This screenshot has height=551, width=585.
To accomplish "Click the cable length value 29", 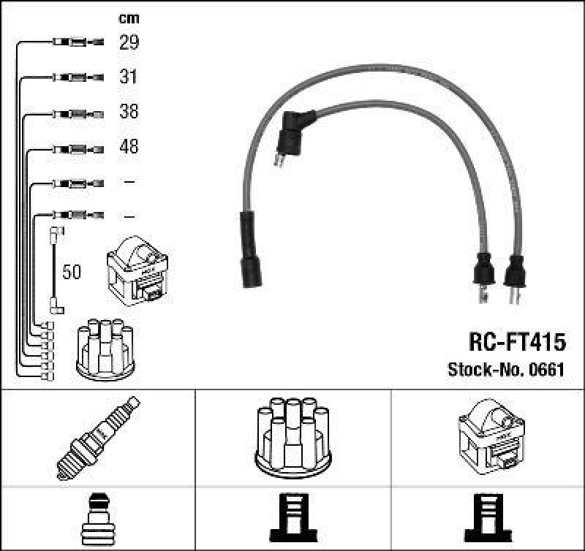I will [129, 42].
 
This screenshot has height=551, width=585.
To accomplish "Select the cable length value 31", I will [129, 77].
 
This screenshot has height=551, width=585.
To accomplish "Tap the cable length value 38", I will [129, 112].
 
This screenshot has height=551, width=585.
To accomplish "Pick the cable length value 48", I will [129, 147].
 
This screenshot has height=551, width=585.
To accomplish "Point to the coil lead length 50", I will [72, 273].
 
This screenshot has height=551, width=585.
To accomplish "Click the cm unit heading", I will [129, 18].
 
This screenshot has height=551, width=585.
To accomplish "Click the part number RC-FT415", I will [516, 341].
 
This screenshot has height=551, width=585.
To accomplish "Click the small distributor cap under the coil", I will [106, 349].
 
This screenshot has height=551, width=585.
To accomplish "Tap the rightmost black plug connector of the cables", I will [516, 272].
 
